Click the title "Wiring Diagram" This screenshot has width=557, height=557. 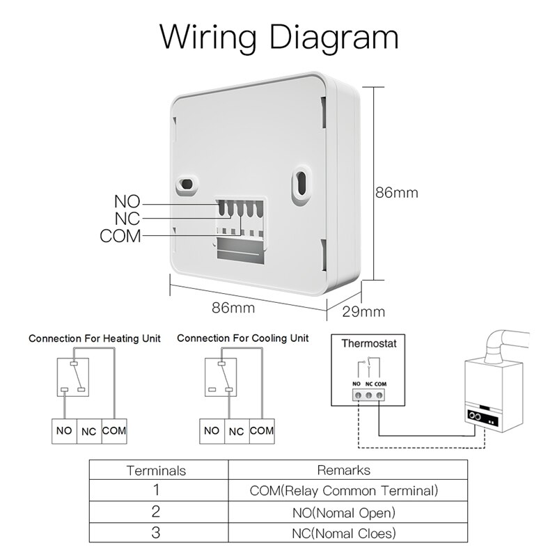click(278, 36)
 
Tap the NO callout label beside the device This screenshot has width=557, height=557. click(127, 203)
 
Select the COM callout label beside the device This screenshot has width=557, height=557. click(120, 236)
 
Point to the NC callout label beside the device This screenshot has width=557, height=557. click(127, 219)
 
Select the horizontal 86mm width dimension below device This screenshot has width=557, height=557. click(233, 306)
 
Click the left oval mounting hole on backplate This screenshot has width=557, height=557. click(187, 184)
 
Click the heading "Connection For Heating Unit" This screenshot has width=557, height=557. click(94, 338)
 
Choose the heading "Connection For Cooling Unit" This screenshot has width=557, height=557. click(242, 338)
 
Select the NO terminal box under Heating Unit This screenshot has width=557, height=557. click(64, 431)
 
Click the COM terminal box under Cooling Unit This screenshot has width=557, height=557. click(262, 431)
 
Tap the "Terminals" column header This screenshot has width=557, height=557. click(156, 471)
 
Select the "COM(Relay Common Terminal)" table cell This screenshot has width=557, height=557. click(344, 491)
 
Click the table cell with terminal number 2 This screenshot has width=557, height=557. click(156, 512)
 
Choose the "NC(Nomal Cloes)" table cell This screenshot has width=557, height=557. click(344, 534)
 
